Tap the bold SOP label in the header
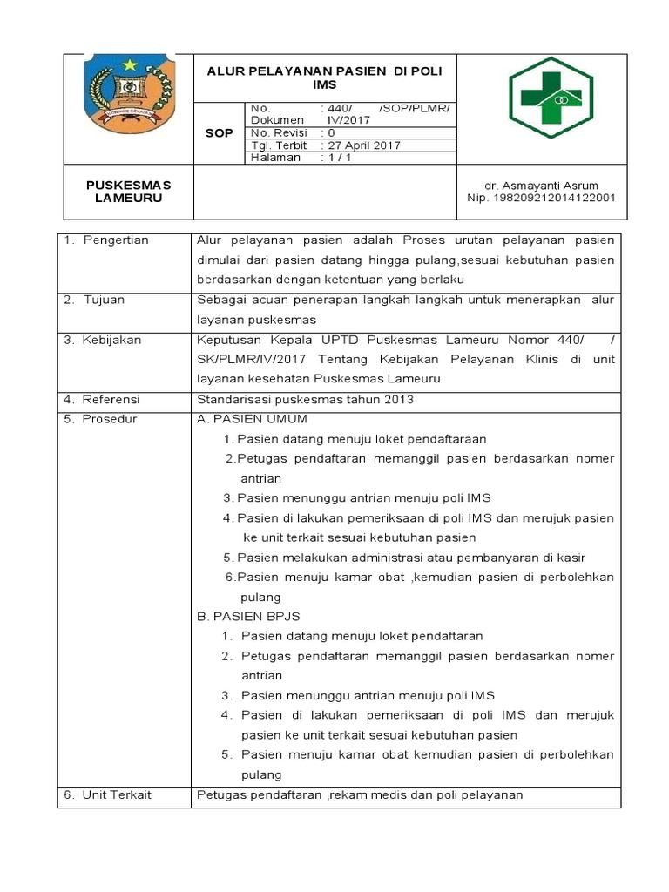click(219, 133)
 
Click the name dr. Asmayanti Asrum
click(538, 186)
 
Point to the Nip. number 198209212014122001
click(541, 198)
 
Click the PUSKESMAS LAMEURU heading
click(128, 192)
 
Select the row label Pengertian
click(116, 240)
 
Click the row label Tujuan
click(104, 300)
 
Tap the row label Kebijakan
click(111, 340)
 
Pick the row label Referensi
click(111, 399)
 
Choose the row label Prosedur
click(110, 419)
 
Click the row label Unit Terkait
click(117, 794)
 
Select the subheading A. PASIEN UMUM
click(253, 419)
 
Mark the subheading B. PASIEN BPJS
click(249, 616)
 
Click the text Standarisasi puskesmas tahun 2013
click(305, 399)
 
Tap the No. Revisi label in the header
click(280, 133)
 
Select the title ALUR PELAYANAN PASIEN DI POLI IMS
click(324, 79)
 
